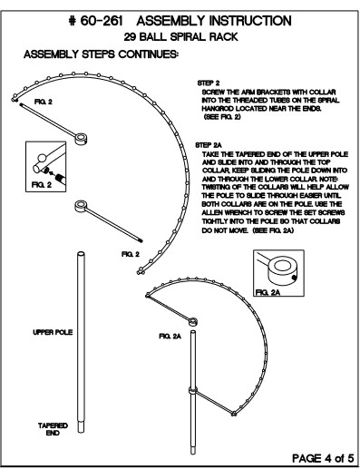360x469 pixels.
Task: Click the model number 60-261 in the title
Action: [102, 22]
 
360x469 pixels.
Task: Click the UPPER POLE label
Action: [53, 332]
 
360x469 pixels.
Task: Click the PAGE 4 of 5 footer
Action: [323, 458]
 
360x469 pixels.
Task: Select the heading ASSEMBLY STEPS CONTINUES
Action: [101, 54]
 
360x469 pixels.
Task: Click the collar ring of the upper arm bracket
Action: [81, 139]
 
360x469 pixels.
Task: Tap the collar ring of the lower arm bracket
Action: [81, 206]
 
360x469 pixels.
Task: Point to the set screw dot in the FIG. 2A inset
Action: [293, 277]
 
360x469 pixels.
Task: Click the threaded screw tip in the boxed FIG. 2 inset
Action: [60, 178]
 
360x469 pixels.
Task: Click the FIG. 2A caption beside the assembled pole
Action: [170, 337]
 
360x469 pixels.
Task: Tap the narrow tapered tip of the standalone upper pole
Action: [81, 427]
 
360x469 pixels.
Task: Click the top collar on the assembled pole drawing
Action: [193, 322]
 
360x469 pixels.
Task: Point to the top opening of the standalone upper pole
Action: [81, 254]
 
